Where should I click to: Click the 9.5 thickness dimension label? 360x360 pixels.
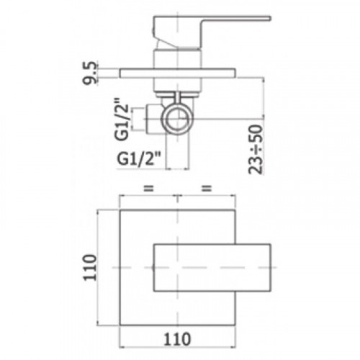90,73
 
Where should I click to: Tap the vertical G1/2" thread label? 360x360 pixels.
122,119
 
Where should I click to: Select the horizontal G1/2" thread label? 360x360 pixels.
139,158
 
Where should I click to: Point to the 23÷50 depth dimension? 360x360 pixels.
256,149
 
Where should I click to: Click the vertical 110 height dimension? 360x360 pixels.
89,267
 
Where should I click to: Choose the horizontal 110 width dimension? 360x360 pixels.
177,339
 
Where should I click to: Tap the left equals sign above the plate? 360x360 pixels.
148,188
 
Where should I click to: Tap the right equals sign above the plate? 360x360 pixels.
207,188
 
